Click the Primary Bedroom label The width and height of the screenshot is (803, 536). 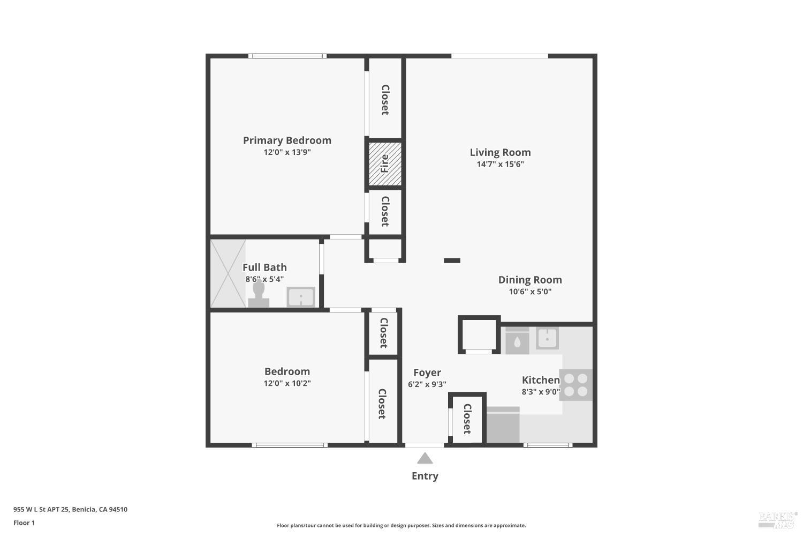(287, 140)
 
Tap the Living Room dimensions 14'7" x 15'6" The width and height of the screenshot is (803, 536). (500, 164)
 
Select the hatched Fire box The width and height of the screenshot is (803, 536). (384, 163)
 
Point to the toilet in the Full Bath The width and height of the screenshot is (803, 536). (259, 294)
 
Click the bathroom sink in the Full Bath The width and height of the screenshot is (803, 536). (301, 297)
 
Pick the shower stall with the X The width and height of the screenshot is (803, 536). (228, 273)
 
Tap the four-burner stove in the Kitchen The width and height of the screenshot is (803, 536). (576, 385)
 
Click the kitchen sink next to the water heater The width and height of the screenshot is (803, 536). (547, 338)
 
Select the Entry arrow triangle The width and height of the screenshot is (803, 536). (425, 458)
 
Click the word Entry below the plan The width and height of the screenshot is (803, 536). (425, 476)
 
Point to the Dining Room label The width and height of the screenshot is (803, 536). (530, 280)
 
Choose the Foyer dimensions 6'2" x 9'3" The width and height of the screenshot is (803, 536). (427, 384)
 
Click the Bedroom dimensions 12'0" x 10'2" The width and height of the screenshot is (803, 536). (287, 383)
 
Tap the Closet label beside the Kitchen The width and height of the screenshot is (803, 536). (467, 419)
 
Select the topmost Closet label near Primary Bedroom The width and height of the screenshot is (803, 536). (385, 100)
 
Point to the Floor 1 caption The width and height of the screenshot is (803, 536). (24, 523)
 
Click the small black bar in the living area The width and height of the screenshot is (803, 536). (452, 260)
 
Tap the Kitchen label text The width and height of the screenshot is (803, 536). (541, 380)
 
